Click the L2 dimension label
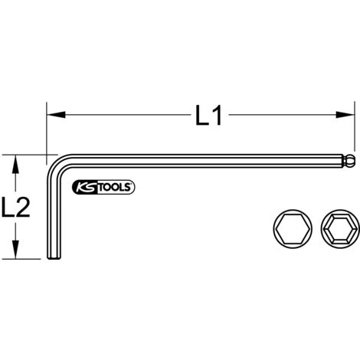point(16,207)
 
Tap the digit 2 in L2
point(24,207)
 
